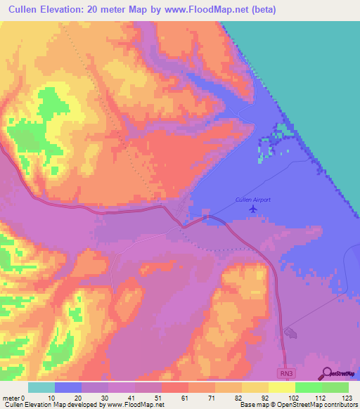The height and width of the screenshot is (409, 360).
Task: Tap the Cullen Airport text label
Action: coord(252,200)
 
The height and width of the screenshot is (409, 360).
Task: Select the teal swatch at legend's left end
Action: coord(41,387)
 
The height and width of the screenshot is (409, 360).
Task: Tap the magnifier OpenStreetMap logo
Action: coord(326,373)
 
